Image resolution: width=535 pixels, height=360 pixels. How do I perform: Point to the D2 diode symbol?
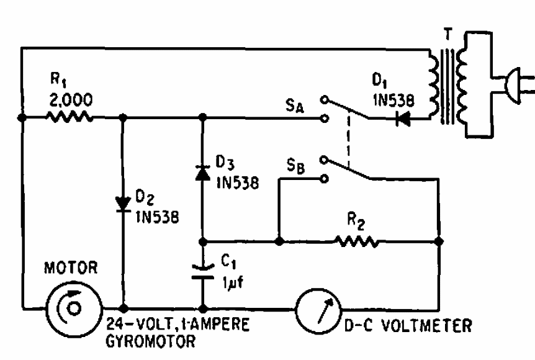(123, 200)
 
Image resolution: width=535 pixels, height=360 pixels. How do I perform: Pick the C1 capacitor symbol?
(202, 271)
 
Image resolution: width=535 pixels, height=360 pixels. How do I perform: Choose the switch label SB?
(295, 167)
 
